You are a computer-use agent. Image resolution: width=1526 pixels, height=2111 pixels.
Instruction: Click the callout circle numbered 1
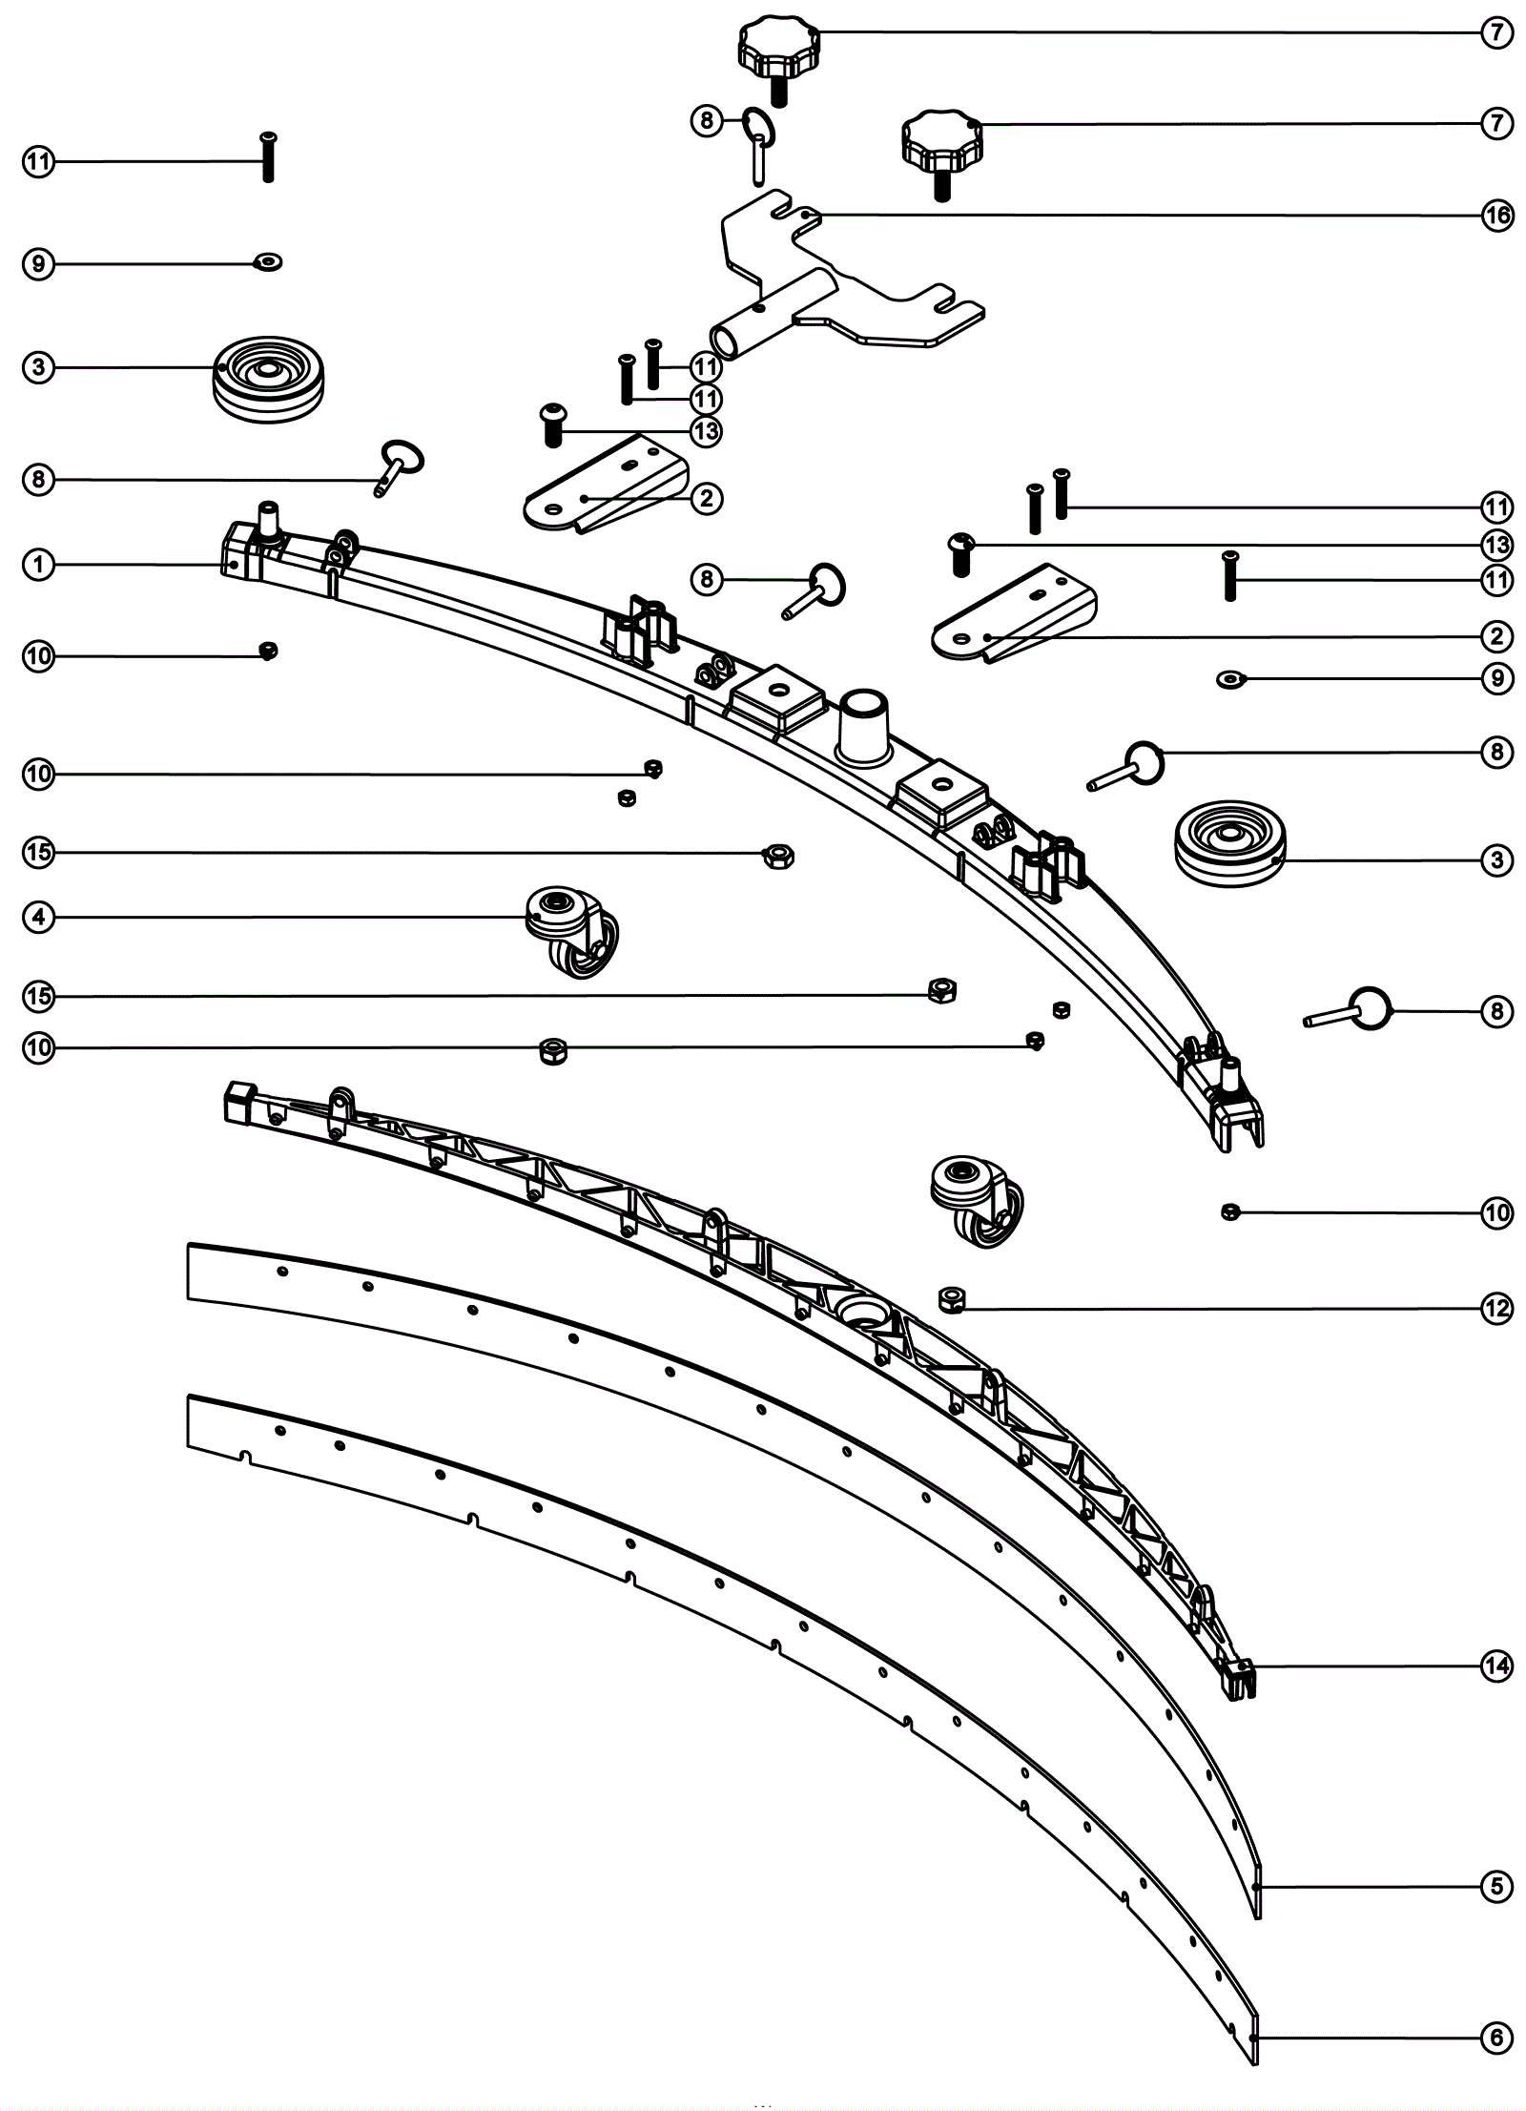pos(38,565)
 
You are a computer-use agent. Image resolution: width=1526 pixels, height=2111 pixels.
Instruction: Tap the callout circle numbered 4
pos(38,918)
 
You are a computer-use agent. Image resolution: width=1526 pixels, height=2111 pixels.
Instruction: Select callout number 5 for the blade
pos(1496,1886)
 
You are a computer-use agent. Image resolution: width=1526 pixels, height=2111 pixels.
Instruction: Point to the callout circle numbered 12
pos(1496,1309)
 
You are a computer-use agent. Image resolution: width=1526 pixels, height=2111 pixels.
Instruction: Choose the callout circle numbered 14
pos(1496,1666)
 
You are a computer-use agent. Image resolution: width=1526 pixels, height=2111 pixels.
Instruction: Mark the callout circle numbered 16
pos(1496,216)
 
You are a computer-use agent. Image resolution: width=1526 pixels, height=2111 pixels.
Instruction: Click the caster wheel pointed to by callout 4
pos(571,930)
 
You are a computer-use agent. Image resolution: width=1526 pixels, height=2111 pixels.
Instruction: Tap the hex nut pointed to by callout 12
pos(950,1298)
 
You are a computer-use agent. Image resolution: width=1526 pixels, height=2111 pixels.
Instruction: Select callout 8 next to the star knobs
pos(706,120)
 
